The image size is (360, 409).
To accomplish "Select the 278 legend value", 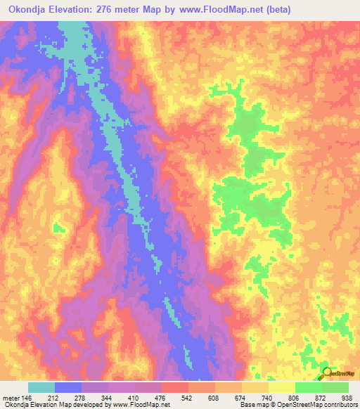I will [x=98, y=397].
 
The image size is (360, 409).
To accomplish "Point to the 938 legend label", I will [x=347, y=397].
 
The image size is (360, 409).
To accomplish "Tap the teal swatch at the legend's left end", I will [x=41, y=387].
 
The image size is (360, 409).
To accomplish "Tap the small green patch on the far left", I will [x=59, y=226].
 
